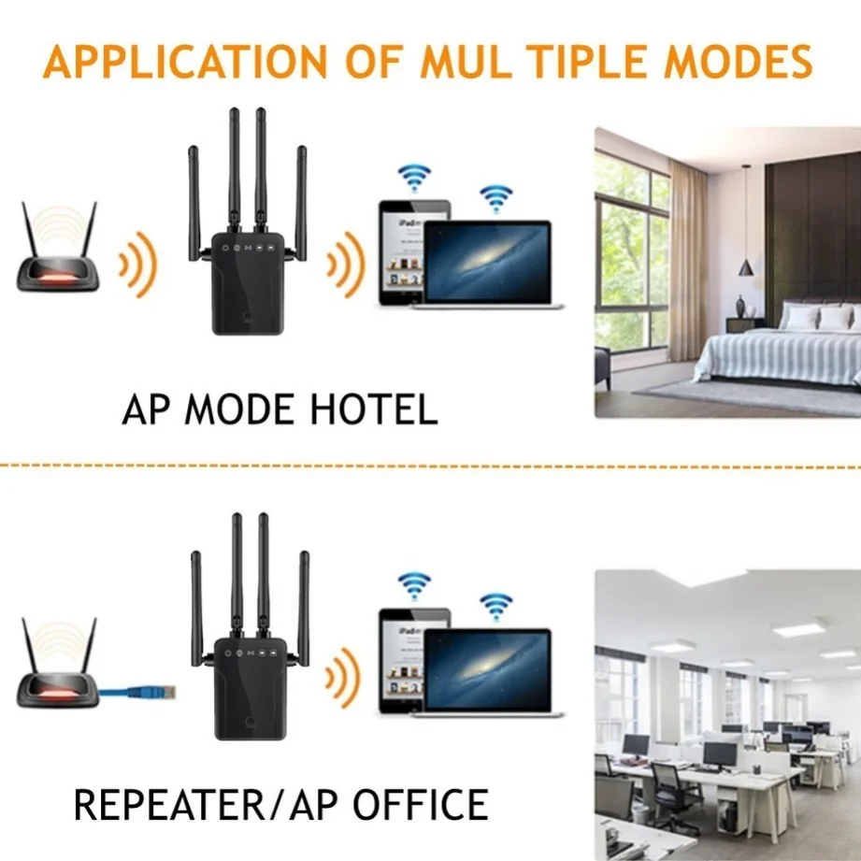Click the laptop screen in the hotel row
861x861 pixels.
(x=488, y=263)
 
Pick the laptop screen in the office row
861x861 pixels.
(x=488, y=671)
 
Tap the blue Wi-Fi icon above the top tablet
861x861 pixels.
(x=414, y=177)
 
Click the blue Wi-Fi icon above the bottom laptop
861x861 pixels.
(x=495, y=605)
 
